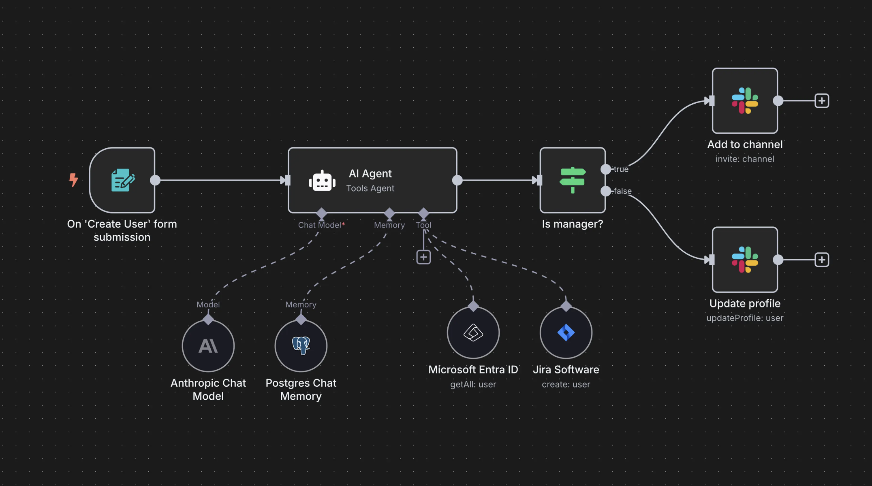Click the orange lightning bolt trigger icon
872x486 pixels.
[73, 180]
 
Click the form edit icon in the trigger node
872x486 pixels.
[122, 180]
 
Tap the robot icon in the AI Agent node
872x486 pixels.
[322, 181]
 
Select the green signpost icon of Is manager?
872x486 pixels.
[572, 180]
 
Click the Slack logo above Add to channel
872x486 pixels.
[745, 100]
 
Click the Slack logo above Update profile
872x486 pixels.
[745, 260]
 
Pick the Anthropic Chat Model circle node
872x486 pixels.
[208, 346]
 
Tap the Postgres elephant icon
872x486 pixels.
[301, 345]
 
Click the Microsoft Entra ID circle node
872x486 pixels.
[473, 333]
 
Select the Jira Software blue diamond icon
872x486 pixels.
[566, 333]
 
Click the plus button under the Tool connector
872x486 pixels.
[423, 257]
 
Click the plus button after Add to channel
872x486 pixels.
[822, 100]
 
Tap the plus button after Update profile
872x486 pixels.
[822, 260]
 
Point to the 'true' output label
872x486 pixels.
[621, 169]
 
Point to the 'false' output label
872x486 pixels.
[622, 191]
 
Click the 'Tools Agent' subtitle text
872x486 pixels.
[370, 188]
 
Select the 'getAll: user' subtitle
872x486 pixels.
[473, 384]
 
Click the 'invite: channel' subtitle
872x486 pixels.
[745, 159]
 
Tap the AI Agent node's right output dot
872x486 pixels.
[457, 180]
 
